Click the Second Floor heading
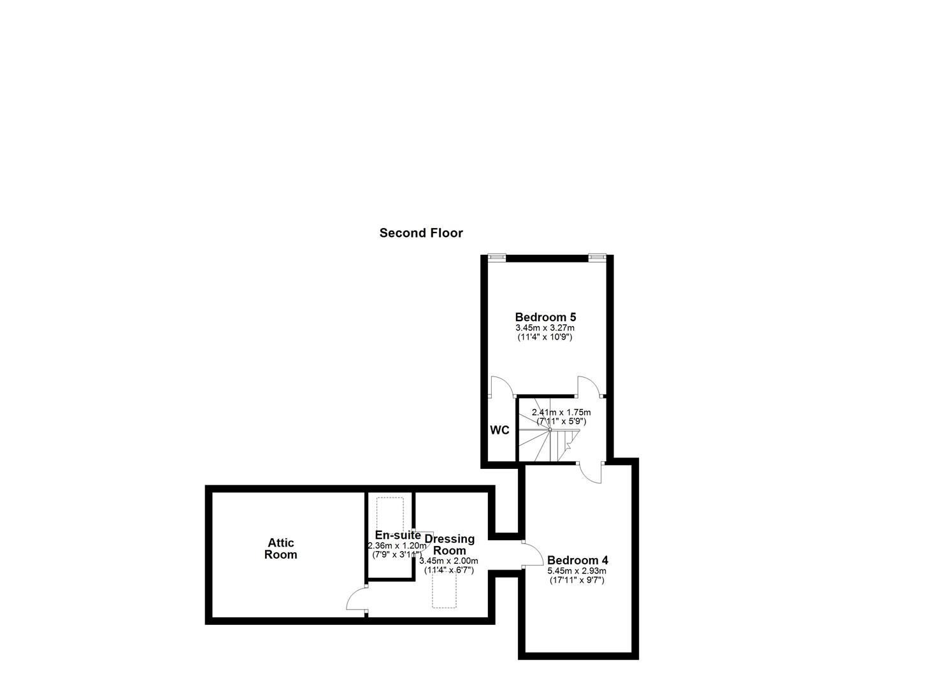421,233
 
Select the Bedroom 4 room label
577,561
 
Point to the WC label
499,430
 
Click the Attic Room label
281,548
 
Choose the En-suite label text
398,535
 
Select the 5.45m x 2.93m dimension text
577,571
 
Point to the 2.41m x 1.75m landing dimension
561,412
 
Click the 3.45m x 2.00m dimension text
448,561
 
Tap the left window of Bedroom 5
496,257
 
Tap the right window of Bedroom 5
596,257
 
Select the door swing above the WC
503,386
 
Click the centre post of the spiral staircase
550,430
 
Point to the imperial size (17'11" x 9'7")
577,580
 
